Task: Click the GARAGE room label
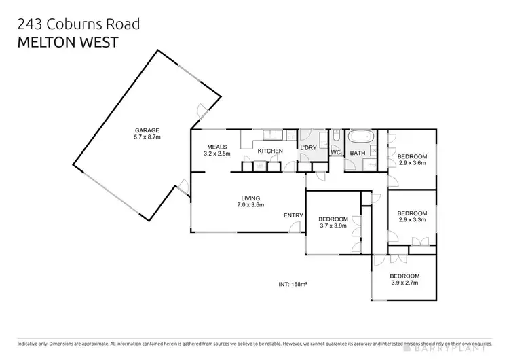[x=147, y=130]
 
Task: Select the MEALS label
[x=217, y=147]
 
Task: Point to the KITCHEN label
[x=269, y=151]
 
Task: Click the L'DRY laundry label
[x=309, y=150]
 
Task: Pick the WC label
[x=335, y=153]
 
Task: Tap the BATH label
[x=358, y=153]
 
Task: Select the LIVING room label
[x=250, y=198]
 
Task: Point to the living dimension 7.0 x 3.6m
[x=250, y=204]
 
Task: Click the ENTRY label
[x=293, y=216]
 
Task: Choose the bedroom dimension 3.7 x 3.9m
[x=333, y=226]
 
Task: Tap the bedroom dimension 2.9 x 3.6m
[x=412, y=162]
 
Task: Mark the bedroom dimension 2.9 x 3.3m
[x=412, y=219]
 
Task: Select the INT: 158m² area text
[x=293, y=283]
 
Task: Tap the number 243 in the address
[x=30, y=24]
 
